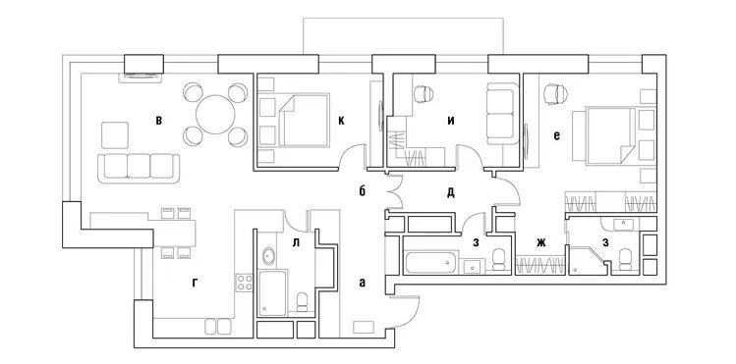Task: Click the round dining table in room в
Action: pos(214,116)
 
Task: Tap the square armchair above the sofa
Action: pos(115,134)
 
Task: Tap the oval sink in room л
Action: pos(268,258)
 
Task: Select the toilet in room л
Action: pos(304,300)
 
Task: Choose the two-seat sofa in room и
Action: pos(499,112)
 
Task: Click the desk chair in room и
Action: pos(424,93)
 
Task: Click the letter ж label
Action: pos(539,242)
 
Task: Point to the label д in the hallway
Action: pos(450,192)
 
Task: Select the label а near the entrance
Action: pos(363,283)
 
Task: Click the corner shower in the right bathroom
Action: pos(586,254)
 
